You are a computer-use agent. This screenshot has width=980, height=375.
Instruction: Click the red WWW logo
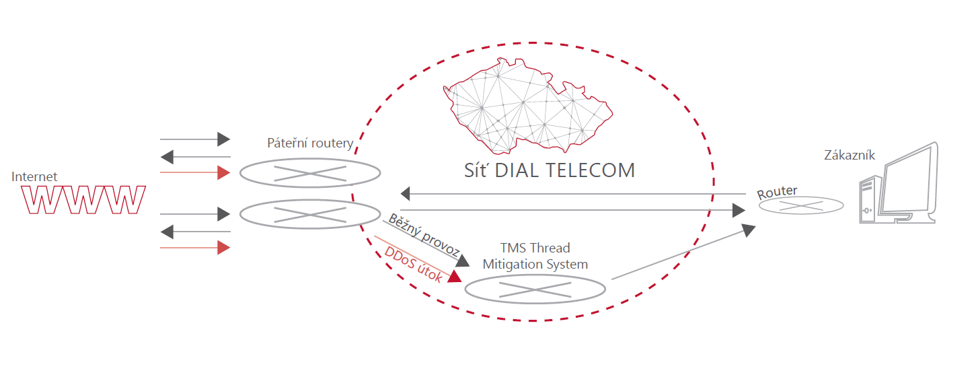83,200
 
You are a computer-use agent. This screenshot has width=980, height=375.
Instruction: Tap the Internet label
34,176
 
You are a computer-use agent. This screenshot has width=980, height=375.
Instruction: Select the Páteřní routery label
310,143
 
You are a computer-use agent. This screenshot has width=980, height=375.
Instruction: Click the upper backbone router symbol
310,173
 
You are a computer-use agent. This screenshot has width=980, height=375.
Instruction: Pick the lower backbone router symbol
310,215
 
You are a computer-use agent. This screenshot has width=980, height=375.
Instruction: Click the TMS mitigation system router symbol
535,288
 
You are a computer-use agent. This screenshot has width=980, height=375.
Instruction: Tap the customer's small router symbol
800,205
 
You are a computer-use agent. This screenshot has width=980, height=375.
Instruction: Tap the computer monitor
908,182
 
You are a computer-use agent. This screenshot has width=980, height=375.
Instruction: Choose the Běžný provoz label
424,236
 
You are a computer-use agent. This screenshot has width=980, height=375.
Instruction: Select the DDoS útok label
413,264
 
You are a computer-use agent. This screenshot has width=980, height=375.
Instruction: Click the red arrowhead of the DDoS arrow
455,275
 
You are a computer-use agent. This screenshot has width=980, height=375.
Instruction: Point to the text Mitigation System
535,264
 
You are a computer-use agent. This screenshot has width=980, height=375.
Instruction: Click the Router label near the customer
777,192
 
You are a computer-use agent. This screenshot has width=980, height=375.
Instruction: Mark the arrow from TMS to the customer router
683,252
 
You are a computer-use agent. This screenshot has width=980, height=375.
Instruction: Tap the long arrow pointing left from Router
572,195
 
